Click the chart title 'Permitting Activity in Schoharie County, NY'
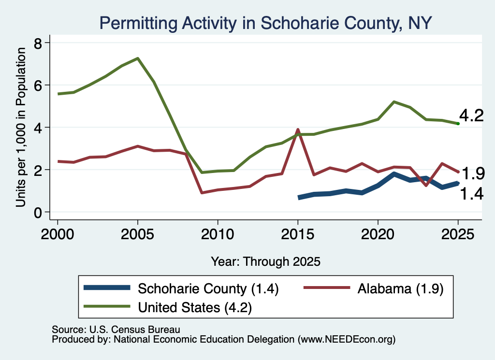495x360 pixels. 265,23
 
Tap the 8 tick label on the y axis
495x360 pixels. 38,43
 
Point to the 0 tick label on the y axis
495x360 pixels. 38,213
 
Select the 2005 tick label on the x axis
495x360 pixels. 137,234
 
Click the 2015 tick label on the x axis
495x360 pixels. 298,234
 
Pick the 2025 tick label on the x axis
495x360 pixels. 458,234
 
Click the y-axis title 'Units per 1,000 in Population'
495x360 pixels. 21,127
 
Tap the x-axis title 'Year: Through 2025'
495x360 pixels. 265,261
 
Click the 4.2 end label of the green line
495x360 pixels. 471,115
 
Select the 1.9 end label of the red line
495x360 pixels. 473,173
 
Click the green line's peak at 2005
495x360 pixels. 138,58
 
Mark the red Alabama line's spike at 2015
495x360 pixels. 297,130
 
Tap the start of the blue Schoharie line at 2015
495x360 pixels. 299,198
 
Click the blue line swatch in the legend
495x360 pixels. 107,288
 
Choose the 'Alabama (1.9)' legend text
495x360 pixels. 400,288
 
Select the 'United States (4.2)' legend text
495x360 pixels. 195,307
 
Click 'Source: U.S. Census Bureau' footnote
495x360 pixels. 116,330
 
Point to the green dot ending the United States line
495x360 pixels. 458,124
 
